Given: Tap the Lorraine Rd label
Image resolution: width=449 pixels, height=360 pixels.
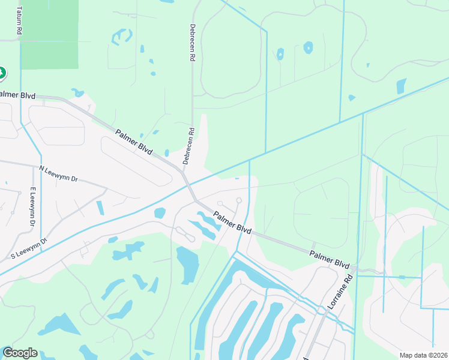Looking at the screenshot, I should click(339, 292).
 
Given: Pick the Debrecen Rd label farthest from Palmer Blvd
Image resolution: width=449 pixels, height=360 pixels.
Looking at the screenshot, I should click(193, 44).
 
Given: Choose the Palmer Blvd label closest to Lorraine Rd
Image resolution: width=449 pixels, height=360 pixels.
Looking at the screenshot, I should click(330, 259).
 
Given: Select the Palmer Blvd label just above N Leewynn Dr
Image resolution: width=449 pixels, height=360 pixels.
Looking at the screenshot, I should click(134, 142).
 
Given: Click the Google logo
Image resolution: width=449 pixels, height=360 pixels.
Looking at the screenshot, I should click(20, 353).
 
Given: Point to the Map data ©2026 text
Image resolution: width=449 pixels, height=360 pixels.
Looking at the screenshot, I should click(423, 355).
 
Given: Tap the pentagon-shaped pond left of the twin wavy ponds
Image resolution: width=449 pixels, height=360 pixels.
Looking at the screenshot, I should click(160, 212).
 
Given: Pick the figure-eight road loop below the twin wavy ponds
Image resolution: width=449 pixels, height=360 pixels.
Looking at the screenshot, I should click(185, 234).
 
